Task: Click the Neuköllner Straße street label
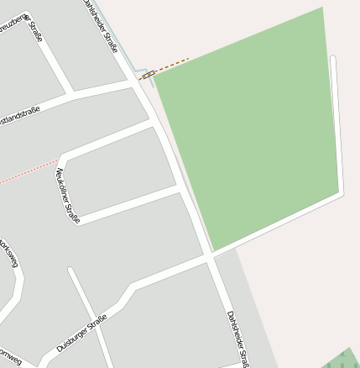(x=67, y=195)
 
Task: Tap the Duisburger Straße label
(x=81, y=334)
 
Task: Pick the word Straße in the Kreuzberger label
(x=35, y=32)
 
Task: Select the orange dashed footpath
(x=173, y=64)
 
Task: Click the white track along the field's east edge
(x=337, y=126)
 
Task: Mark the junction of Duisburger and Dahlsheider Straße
(x=209, y=258)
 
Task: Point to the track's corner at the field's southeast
(x=341, y=194)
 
